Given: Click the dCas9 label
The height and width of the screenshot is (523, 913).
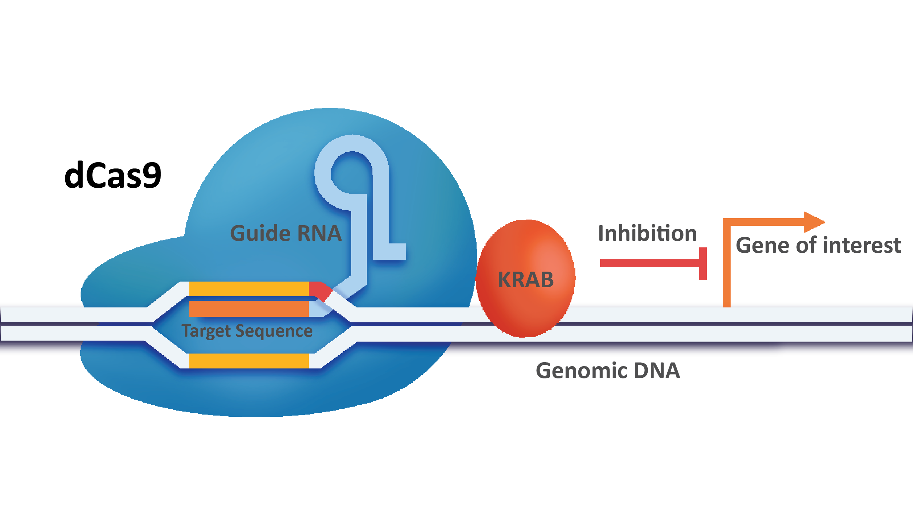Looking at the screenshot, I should click(113, 175).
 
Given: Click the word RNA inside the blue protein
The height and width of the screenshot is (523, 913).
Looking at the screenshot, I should click(319, 233).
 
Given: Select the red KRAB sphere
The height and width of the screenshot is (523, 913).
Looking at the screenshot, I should click(525, 278).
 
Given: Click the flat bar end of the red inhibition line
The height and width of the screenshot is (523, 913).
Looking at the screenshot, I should click(703, 264).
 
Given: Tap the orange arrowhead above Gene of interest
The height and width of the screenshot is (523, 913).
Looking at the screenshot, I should click(813, 222).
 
